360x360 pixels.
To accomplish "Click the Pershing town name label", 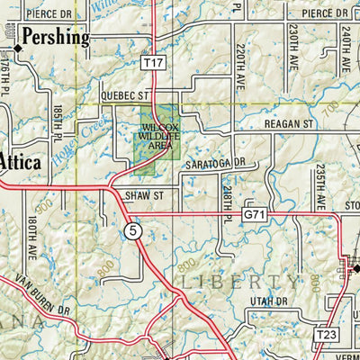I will [56, 38].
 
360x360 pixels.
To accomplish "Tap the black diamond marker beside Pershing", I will [16, 40].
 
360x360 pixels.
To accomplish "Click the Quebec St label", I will [122, 94].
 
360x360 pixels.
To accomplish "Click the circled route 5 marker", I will [133, 233].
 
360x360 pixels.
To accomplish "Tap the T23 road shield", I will [326, 335].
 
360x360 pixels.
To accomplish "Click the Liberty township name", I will [229, 282].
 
